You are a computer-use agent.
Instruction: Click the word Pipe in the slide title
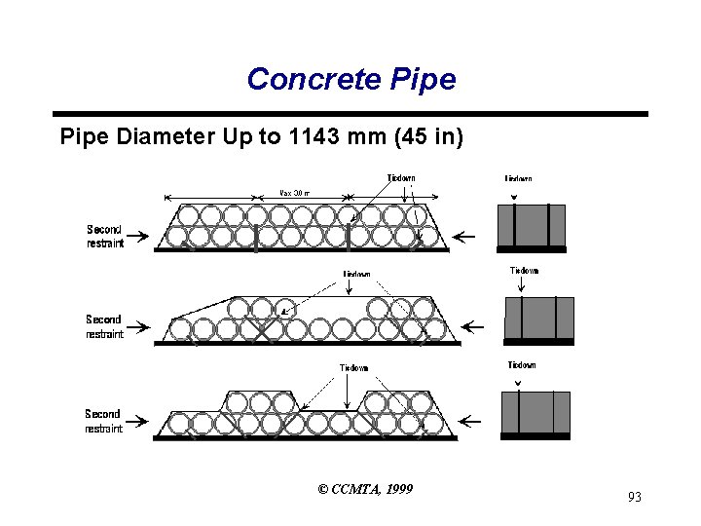pyautogui.click(x=420, y=79)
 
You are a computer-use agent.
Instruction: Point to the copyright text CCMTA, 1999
pyautogui.click(x=365, y=488)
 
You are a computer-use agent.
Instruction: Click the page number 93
pyautogui.click(x=634, y=498)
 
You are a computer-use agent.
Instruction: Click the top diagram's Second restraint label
pyautogui.click(x=105, y=237)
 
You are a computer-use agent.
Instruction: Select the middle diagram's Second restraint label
pyautogui.click(x=104, y=326)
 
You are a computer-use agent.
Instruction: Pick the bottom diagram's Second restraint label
pyautogui.click(x=103, y=421)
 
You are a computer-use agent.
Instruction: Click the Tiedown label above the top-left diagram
pyautogui.click(x=400, y=178)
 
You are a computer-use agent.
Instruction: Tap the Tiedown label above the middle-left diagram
pyautogui.click(x=355, y=274)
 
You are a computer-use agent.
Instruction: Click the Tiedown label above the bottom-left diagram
pyautogui.click(x=353, y=367)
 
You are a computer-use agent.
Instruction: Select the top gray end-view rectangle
pyautogui.click(x=531, y=226)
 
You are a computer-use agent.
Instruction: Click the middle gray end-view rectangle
pyautogui.click(x=538, y=319)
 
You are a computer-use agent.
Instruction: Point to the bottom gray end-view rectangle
pyautogui.click(x=535, y=413)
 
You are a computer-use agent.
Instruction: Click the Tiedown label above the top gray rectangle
pyautogui.click(x=518, y=179)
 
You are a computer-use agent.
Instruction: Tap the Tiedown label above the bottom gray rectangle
pyautogui.click(x=522, y=365)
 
